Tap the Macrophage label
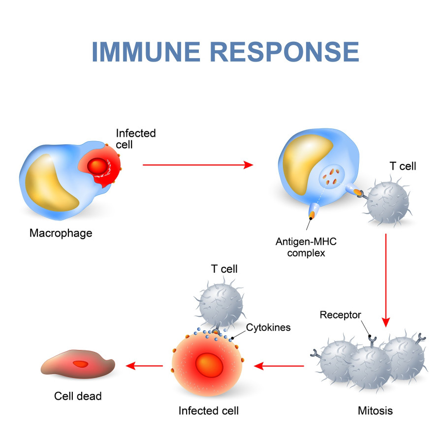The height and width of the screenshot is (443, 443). click(x=61, y=233)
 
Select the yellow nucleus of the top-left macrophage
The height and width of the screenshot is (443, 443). click(x=49, y=182)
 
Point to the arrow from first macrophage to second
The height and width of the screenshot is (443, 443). click(x=197, y=165)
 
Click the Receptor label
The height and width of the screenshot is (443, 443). click(x=340, y=315)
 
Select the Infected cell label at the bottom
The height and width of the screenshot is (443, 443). click(x=209, y=410)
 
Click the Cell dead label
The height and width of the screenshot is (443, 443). click(x=77, y=395)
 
